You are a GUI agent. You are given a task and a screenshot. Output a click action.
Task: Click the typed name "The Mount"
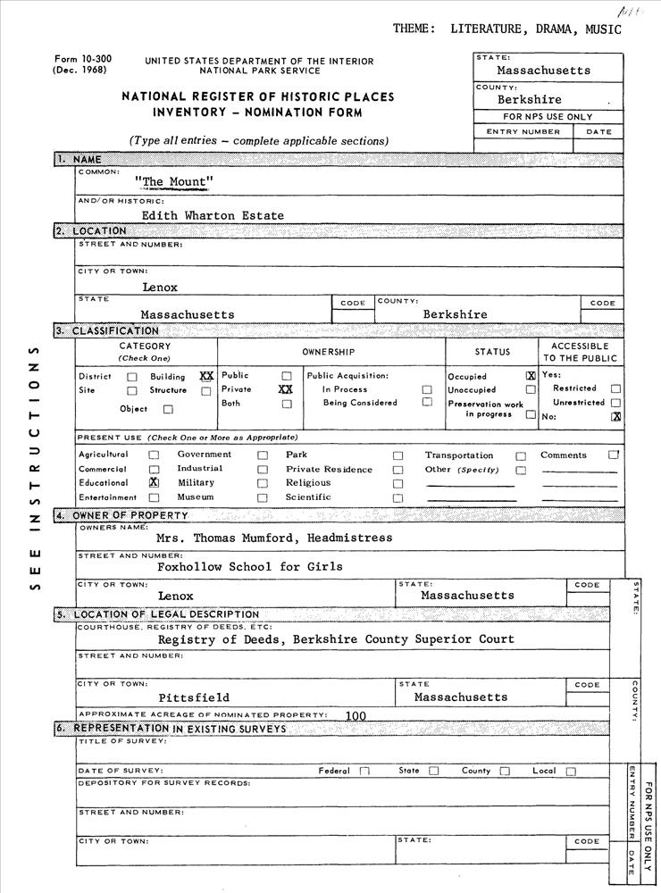(x=174, y=182)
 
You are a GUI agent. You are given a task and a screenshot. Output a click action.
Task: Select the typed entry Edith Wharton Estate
(x=213, y=215)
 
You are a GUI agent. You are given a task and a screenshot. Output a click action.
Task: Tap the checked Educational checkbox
(x=154, y=482)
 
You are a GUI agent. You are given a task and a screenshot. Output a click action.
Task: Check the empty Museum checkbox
(x=263, y=497)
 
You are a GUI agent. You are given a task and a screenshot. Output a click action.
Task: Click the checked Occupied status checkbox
(x=531, y=376)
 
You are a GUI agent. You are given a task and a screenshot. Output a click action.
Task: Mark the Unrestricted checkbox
(x=615, y=403)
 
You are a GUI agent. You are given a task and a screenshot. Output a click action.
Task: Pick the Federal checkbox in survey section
(x=364, y=772)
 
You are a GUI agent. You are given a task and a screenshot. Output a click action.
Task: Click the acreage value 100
(x=356, y=715)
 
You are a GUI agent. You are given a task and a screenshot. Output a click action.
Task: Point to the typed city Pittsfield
(x=194, y=697)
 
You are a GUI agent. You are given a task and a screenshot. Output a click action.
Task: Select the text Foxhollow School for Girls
(x=249, y=566)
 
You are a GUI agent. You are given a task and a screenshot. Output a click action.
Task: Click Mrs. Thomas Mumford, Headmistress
(x=273, y=538)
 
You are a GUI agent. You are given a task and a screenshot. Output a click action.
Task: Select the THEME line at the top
(x=506, y=29)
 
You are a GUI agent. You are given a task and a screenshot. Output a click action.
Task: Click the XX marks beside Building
(x=206, y=376)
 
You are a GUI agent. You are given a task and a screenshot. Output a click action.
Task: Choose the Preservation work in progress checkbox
(x=531, y=414)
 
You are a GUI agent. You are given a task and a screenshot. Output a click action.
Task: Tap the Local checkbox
(x=570, y=772)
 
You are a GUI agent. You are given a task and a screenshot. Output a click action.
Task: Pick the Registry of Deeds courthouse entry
(x=336, y=639)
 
